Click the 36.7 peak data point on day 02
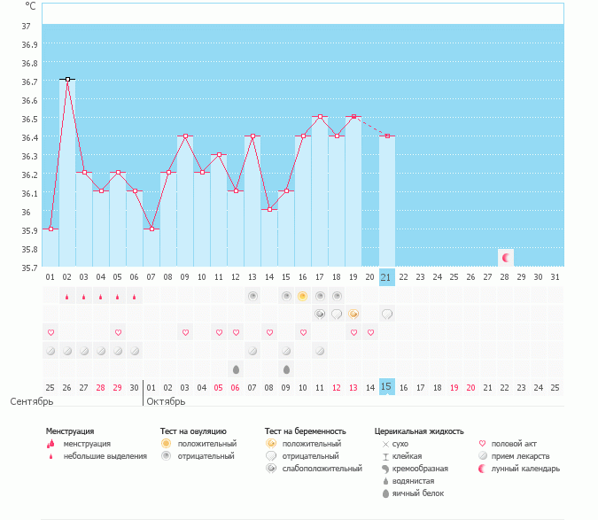click(67, 80)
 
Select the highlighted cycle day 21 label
click(386, 276)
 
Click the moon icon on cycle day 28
click(505, 258)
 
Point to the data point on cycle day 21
click(386, 136)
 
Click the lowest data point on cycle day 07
click(151, 229)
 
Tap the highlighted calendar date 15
click(386, 387)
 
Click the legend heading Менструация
click(70, 431)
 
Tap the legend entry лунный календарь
click(527, 469)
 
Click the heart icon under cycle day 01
click(50, 332)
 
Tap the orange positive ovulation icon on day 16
click(302, 296)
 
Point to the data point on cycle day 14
click(268, 210)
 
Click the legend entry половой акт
click(514, 444)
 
